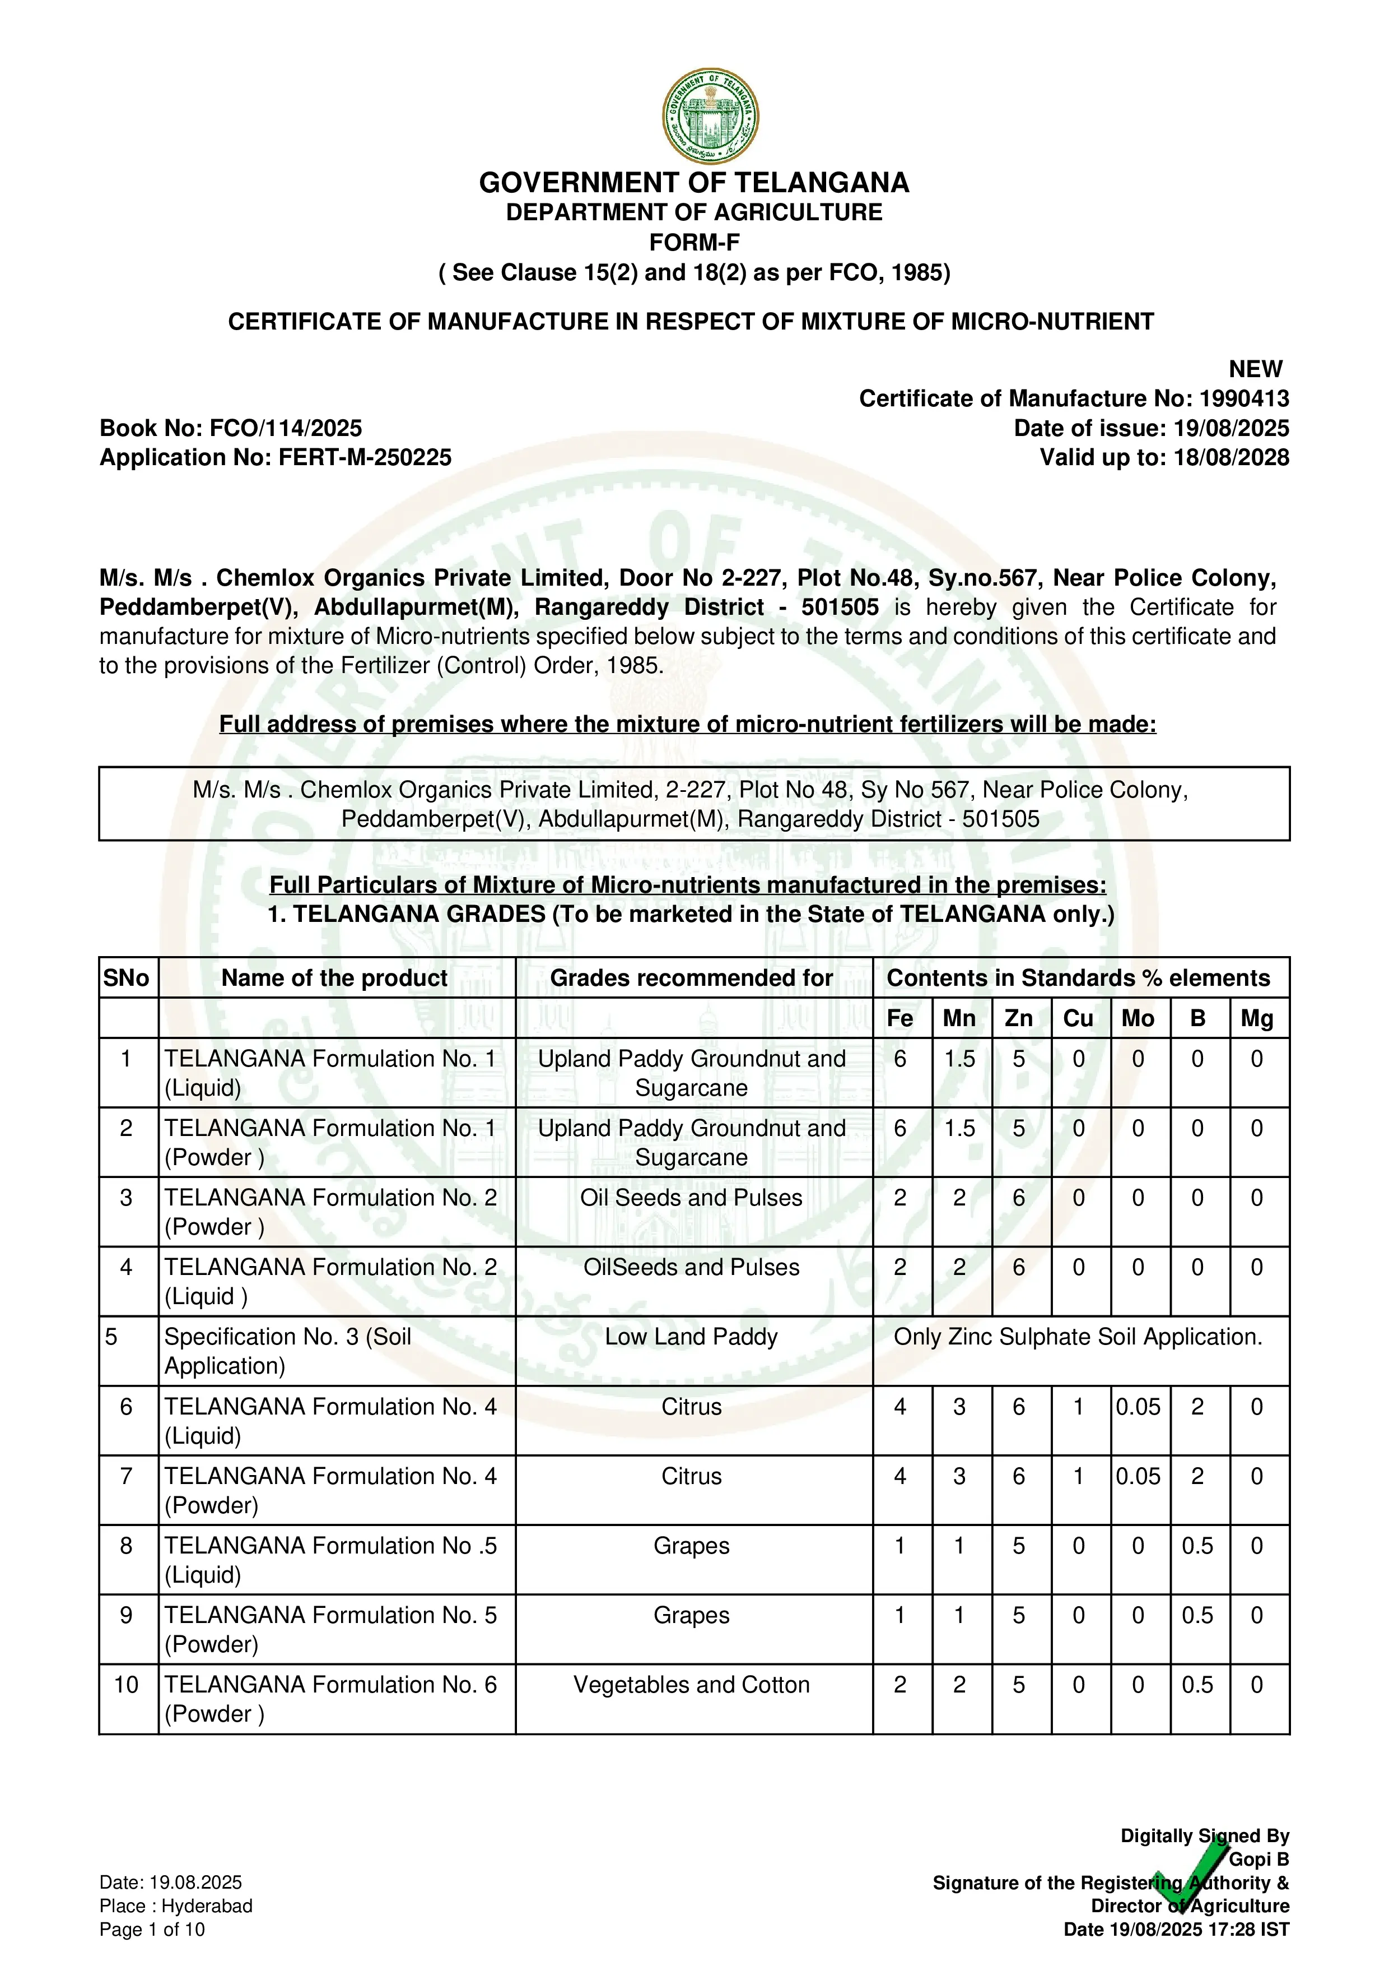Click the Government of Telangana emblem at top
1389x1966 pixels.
[x=710, y=117]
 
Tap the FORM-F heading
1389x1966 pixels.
[x=694, y=242]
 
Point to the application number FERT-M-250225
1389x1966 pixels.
[x=365, y=457]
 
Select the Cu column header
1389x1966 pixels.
[x=1078, y=1018]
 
